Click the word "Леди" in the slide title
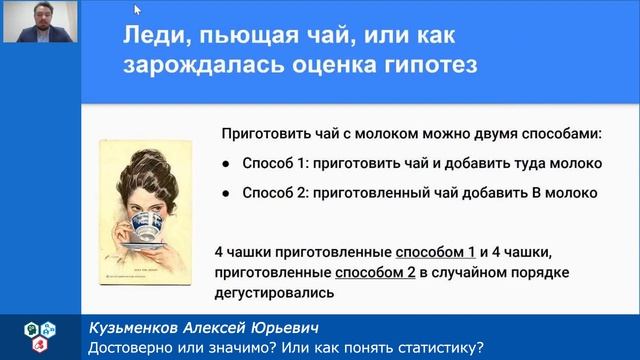point(150,38)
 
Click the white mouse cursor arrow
point(137,10)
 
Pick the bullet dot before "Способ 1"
point(228,163)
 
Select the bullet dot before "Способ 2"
point(228,193)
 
